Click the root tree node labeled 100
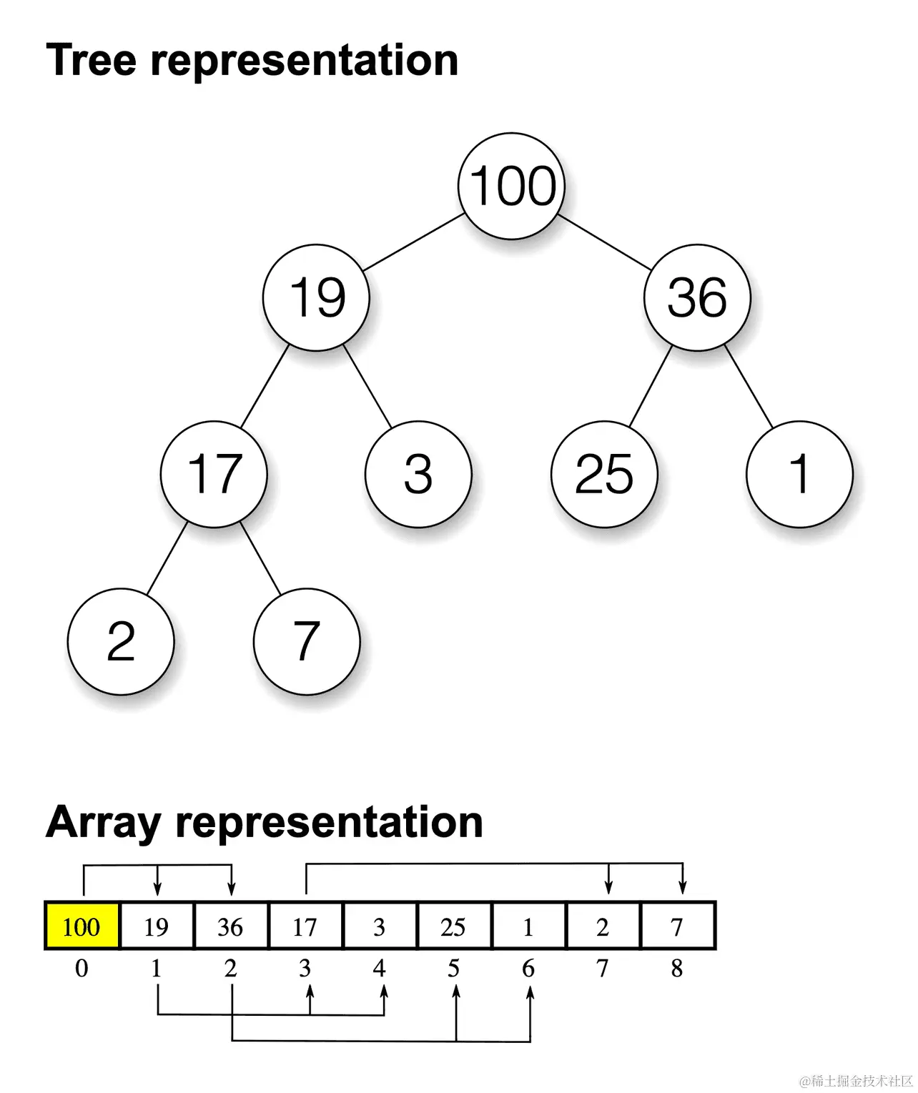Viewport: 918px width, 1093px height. [511, 186]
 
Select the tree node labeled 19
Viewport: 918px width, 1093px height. [316, 297]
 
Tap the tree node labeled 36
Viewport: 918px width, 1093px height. [697, 297]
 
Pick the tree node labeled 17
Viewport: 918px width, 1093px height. [214, 474]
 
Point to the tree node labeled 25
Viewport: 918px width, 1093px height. [604, 474]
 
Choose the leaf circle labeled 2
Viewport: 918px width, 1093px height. [121, 641]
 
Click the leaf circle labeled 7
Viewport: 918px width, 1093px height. [307, 641]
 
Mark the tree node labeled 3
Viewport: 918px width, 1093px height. [418, 474]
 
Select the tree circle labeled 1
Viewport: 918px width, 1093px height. [799, 474]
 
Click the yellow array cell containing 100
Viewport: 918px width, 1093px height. [82, 926]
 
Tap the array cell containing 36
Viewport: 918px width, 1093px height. [231, 926]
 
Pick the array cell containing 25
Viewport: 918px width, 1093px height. [454, 926]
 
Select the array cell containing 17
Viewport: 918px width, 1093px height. [305, 926]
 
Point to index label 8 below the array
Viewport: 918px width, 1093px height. [677, 969]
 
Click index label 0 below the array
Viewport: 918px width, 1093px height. [82, 969]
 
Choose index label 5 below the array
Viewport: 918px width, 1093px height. [454, 969]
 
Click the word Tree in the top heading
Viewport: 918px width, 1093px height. [91, 60]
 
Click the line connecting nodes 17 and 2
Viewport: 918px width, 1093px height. [167, 558]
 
